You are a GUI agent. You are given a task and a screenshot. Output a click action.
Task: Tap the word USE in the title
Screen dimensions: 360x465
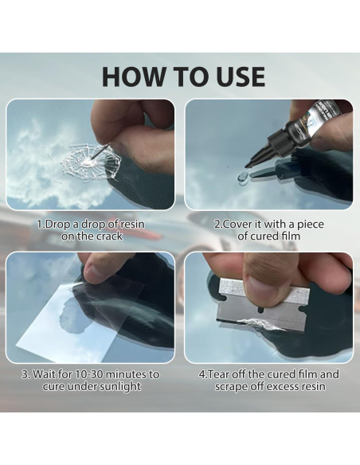[x=241, y=76]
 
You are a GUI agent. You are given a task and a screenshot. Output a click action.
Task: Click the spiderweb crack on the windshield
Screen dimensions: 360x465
[x=90, y=162]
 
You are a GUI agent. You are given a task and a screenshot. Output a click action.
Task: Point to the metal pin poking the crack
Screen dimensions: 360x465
[x=100, y=151]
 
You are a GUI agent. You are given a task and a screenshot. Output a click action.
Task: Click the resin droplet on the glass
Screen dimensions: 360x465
[x=243, y=177]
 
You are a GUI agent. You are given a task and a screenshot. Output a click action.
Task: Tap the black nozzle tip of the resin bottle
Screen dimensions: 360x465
[x=248, y=164]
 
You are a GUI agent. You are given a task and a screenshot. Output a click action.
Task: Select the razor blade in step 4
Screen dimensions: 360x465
[x=262, y=307]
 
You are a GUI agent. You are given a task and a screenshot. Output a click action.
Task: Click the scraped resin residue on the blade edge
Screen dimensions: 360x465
[x=260, y=324]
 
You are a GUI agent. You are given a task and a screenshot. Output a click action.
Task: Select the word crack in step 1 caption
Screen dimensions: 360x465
[x=111, y=236]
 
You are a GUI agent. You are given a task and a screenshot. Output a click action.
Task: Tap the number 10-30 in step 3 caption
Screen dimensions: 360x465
[x=89, y=374]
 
